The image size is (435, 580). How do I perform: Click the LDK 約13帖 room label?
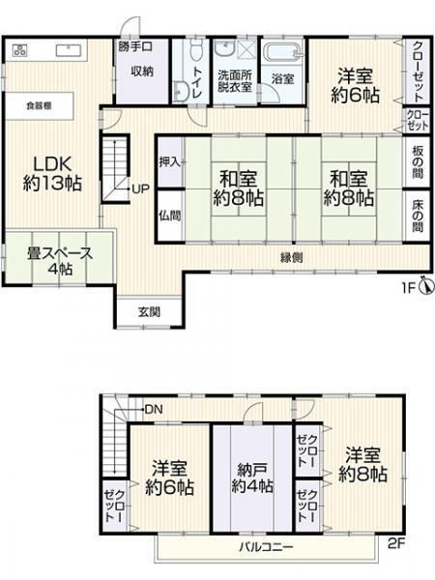(52, 173)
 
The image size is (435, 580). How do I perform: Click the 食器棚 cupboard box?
(40, 105)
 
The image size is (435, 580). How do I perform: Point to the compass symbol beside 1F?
(427, 285)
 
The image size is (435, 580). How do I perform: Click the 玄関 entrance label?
(150, 312)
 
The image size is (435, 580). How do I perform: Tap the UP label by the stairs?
(140, 189)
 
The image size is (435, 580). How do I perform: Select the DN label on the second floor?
(154, 410)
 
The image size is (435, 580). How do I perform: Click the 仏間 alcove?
(170, 216)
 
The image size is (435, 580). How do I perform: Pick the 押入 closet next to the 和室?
(170, 162)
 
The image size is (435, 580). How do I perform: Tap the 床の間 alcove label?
(419, 216)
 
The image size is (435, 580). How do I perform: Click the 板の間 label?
(419, 162)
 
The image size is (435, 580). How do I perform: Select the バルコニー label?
(267, 547)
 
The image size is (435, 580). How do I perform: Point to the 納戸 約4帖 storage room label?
(252, 478)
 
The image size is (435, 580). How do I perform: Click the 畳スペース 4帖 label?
(60, 261)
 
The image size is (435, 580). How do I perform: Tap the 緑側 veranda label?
(292, 257)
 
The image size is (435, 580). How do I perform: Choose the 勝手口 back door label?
(135, 46)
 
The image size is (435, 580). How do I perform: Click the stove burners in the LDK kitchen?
(20, 50)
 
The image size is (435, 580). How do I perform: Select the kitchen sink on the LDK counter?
(68, 50)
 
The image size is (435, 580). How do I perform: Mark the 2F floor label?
(396, 543)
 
